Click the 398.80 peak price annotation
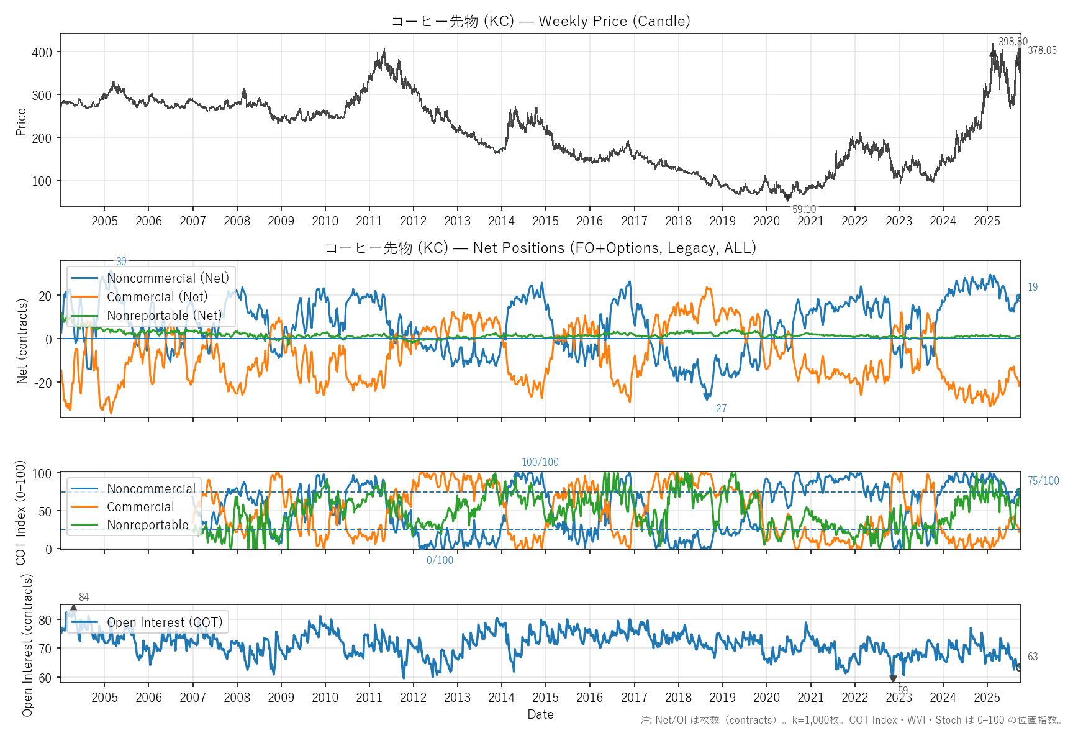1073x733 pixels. (x=1013, y=42)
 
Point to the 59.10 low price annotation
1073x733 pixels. (x=804, y=209)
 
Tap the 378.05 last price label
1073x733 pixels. (x=1042, y=50)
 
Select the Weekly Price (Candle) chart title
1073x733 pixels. (x=540, y=21)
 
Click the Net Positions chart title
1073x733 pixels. (x=540, y=248)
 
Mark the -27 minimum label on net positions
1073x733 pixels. (x=719, y=409)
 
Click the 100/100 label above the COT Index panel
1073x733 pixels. (x=540, y=462)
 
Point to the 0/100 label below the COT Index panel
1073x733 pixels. (x=440, y=560)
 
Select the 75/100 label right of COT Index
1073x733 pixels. (x=1043, y=481)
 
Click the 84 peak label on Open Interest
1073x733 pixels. (x=84, y=597)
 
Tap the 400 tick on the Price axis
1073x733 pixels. (x=42, y=52)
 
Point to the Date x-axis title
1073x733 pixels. (x=540, y=714)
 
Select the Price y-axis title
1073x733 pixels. (x=21, y=122)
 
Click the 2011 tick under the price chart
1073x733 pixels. (x=369, y=221)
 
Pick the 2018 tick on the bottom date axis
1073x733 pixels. (x=678, y=698)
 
